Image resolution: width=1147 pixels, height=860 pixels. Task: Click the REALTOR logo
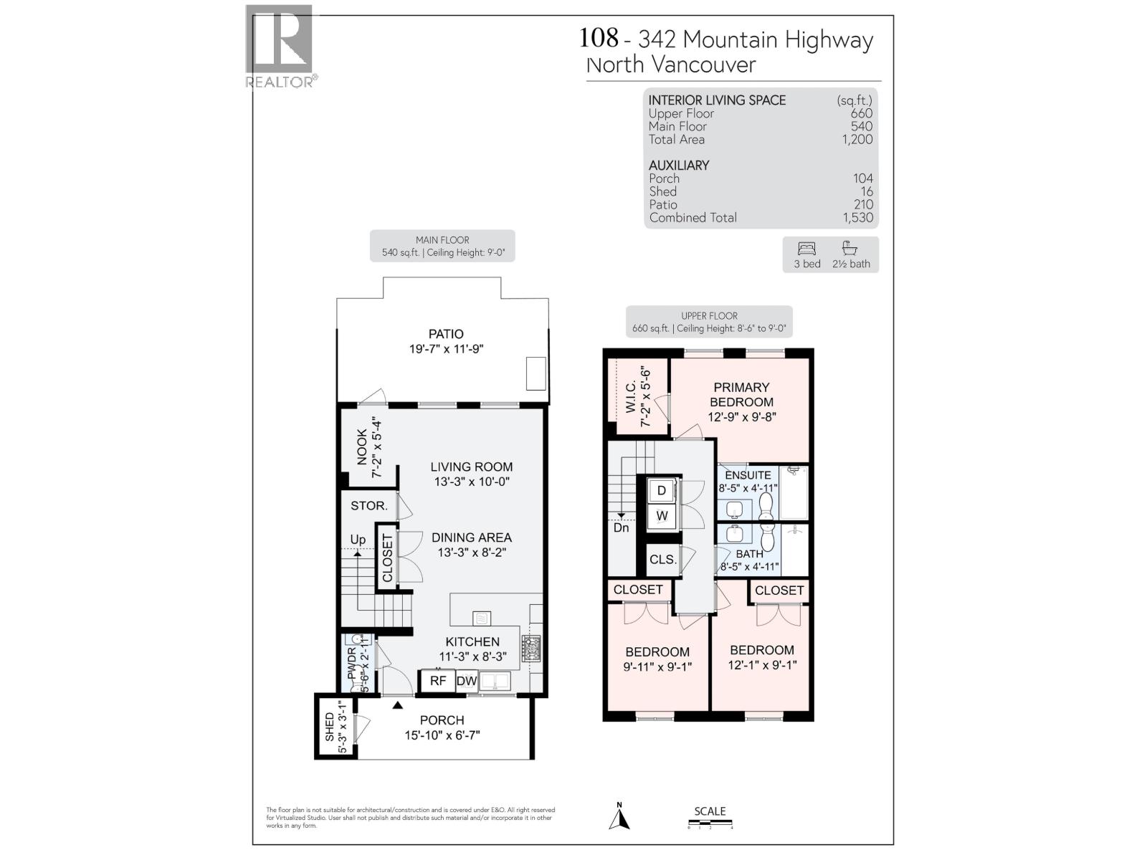[x=280, y=46]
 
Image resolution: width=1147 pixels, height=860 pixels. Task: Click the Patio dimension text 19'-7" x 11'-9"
[x=446, y=349]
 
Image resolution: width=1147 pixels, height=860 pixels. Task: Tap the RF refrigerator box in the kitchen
[x=437, y=681]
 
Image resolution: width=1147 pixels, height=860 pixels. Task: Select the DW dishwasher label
[x=467, y=681]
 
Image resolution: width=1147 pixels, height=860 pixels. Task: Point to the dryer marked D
[x=662, y=491]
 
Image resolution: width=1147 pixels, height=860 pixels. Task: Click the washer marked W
[x=662, y=515]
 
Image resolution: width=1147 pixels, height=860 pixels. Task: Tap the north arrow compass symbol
[x=619, y=817]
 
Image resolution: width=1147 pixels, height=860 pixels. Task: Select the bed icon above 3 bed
[x=806, y=249]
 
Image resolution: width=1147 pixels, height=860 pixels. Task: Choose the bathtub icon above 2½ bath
[x=850, y=248]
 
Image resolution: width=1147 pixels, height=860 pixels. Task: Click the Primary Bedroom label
[x=741, y=395]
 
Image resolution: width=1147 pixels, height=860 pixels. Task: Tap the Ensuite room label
[x=748, y=475]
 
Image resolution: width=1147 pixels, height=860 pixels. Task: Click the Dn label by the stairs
[x=621, y=527]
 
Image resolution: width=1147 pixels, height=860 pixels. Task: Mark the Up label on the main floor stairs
[x=358, y=540]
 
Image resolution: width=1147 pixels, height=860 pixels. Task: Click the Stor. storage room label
[x=368, y=506]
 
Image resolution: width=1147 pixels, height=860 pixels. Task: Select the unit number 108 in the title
[x=598, y=37]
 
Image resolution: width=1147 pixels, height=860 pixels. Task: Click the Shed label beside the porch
[x=329, y=727]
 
